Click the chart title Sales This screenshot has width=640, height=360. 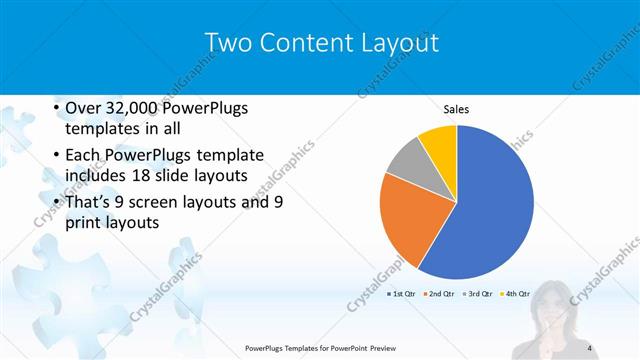tap(456, 110)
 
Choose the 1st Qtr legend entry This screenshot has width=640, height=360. tap(400, 294)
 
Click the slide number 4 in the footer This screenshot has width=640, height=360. tap(590, 347)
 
